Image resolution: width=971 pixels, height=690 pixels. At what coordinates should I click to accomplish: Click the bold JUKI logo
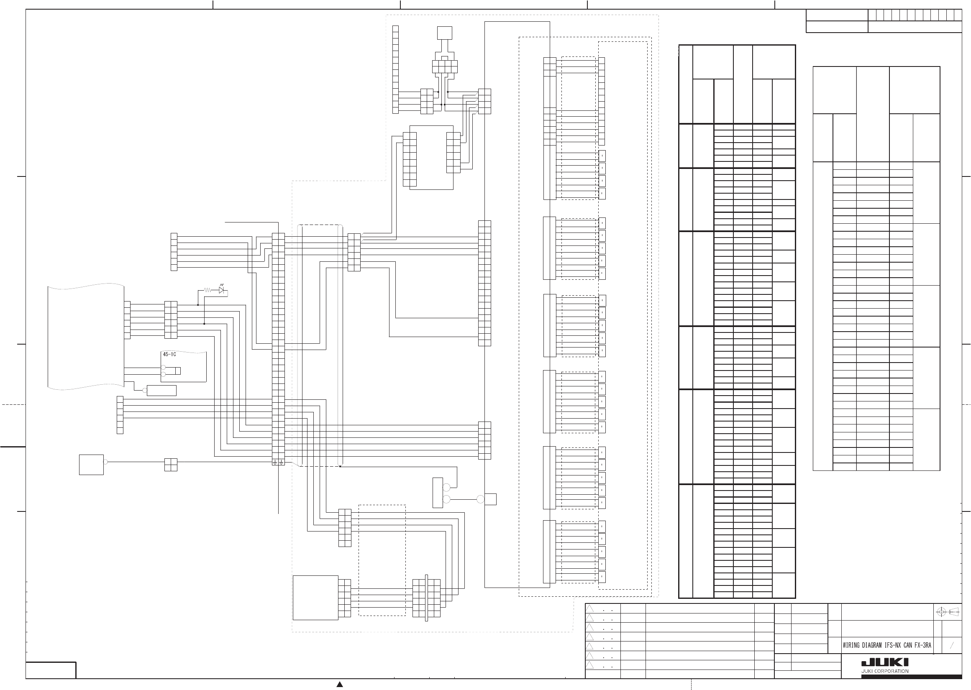click(x=885, y=662)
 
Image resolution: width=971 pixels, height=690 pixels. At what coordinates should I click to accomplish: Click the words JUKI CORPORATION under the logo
click(x=885, y=671)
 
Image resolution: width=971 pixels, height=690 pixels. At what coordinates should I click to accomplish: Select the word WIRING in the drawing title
click(x=851, y=645)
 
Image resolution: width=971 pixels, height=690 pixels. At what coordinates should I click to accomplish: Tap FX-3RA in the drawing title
click(x=922, y=645)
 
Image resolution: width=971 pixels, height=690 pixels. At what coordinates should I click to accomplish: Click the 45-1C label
click(x=169, y=354)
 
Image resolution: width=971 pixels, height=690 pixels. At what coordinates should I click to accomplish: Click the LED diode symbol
click(x=221, y=290)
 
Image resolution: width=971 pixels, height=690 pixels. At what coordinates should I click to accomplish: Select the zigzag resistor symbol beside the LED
click(x=208, y=290)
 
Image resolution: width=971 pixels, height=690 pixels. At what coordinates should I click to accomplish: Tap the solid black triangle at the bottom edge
click(x=340, y=684)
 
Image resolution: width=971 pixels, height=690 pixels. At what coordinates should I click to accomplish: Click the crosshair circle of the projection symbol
click(x=941, y=612)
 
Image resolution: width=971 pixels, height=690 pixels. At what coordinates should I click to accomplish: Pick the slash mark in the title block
click(x=952, y=645)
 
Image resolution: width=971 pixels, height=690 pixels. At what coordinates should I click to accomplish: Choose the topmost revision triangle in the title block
click(x=589, y=608)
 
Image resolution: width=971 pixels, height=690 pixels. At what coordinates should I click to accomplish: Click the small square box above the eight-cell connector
click(x=444, y=33)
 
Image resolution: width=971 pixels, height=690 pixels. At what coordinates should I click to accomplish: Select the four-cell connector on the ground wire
click(x=170, y=465)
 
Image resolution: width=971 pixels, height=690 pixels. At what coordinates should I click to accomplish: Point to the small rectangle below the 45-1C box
click(x=161, y=391)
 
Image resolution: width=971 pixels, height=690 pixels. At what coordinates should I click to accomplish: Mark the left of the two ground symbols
click(x=275, y=462)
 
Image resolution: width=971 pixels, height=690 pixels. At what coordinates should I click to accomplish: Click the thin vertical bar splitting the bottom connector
click(x=426, y=598)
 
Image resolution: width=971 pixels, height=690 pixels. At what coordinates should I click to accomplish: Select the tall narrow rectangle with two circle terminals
click(x=437, y=493)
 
